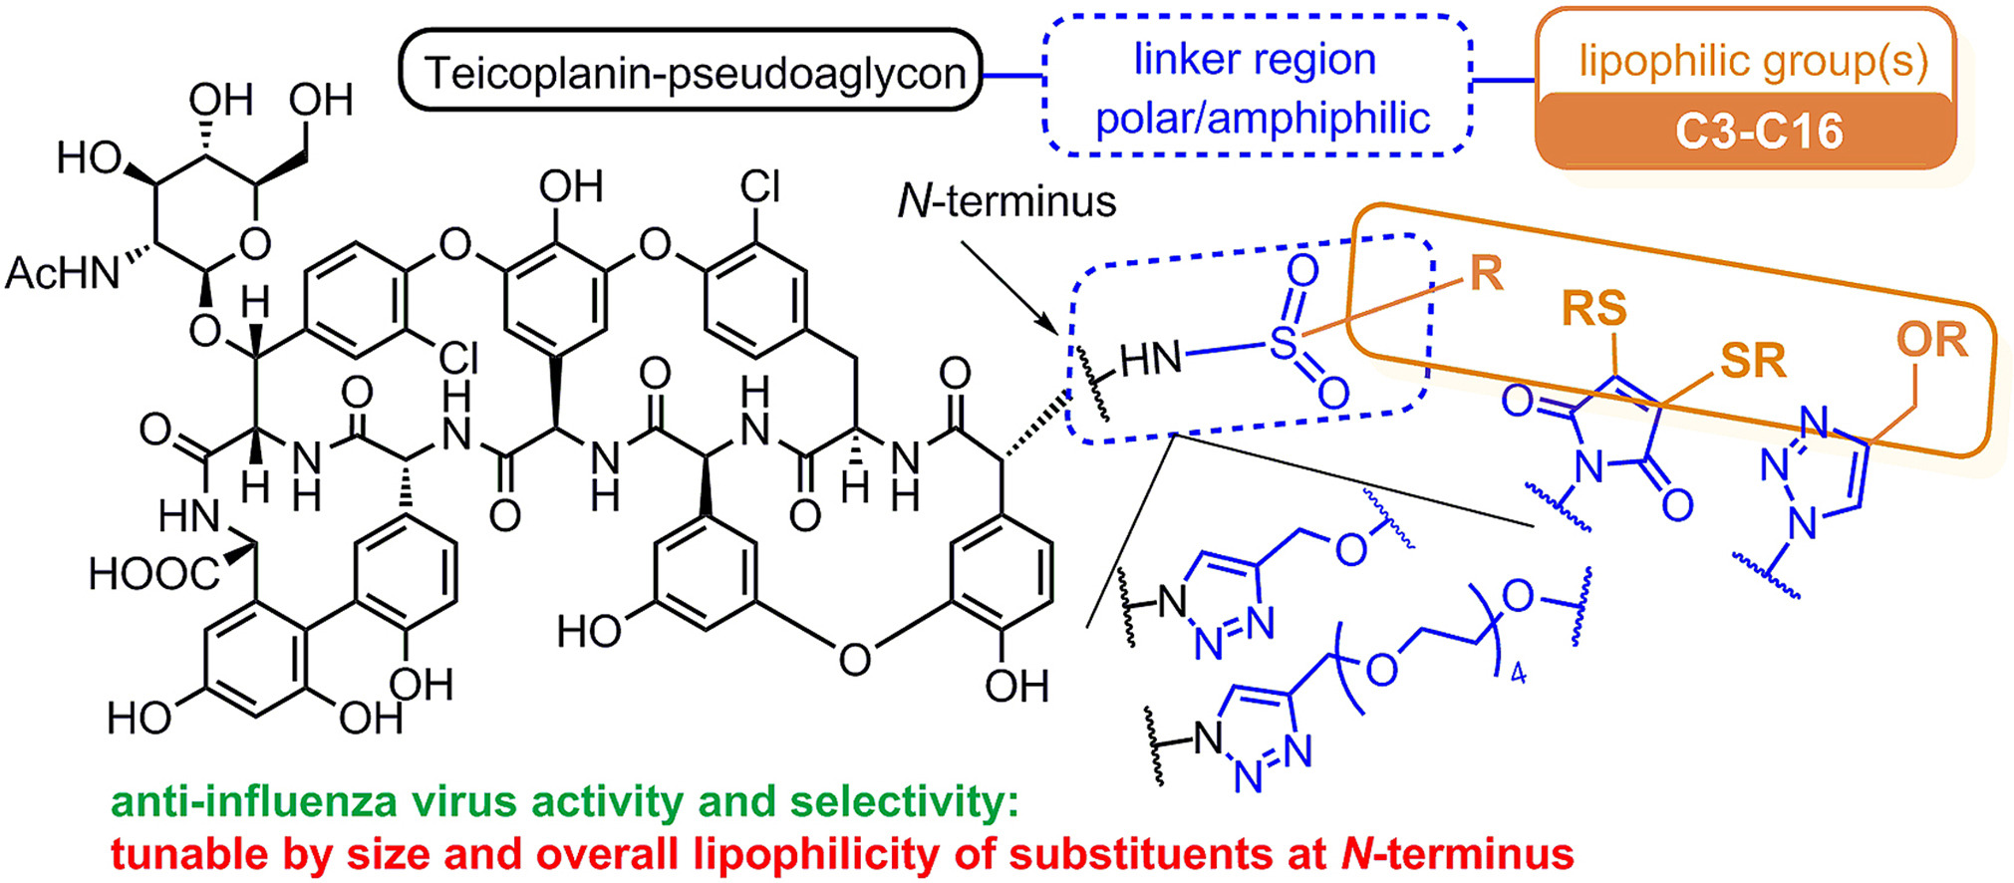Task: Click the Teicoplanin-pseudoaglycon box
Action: coord(691,73)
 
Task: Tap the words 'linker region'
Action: coord(1255,60)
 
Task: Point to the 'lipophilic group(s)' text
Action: coord(1752,61)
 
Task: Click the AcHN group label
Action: coord(62,273)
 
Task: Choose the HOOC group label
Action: coord(152,575)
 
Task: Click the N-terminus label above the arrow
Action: coord(1007,202)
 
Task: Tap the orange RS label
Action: coord(1593,309)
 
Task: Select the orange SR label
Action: coord(1753,362)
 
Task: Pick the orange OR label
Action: coord(1931,341)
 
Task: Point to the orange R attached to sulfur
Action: coord(1486,273)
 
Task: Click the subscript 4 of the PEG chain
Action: coord(1518,675)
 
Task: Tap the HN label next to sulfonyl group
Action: coord(1151,360)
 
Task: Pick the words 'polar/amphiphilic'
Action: coord(1263,119)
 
